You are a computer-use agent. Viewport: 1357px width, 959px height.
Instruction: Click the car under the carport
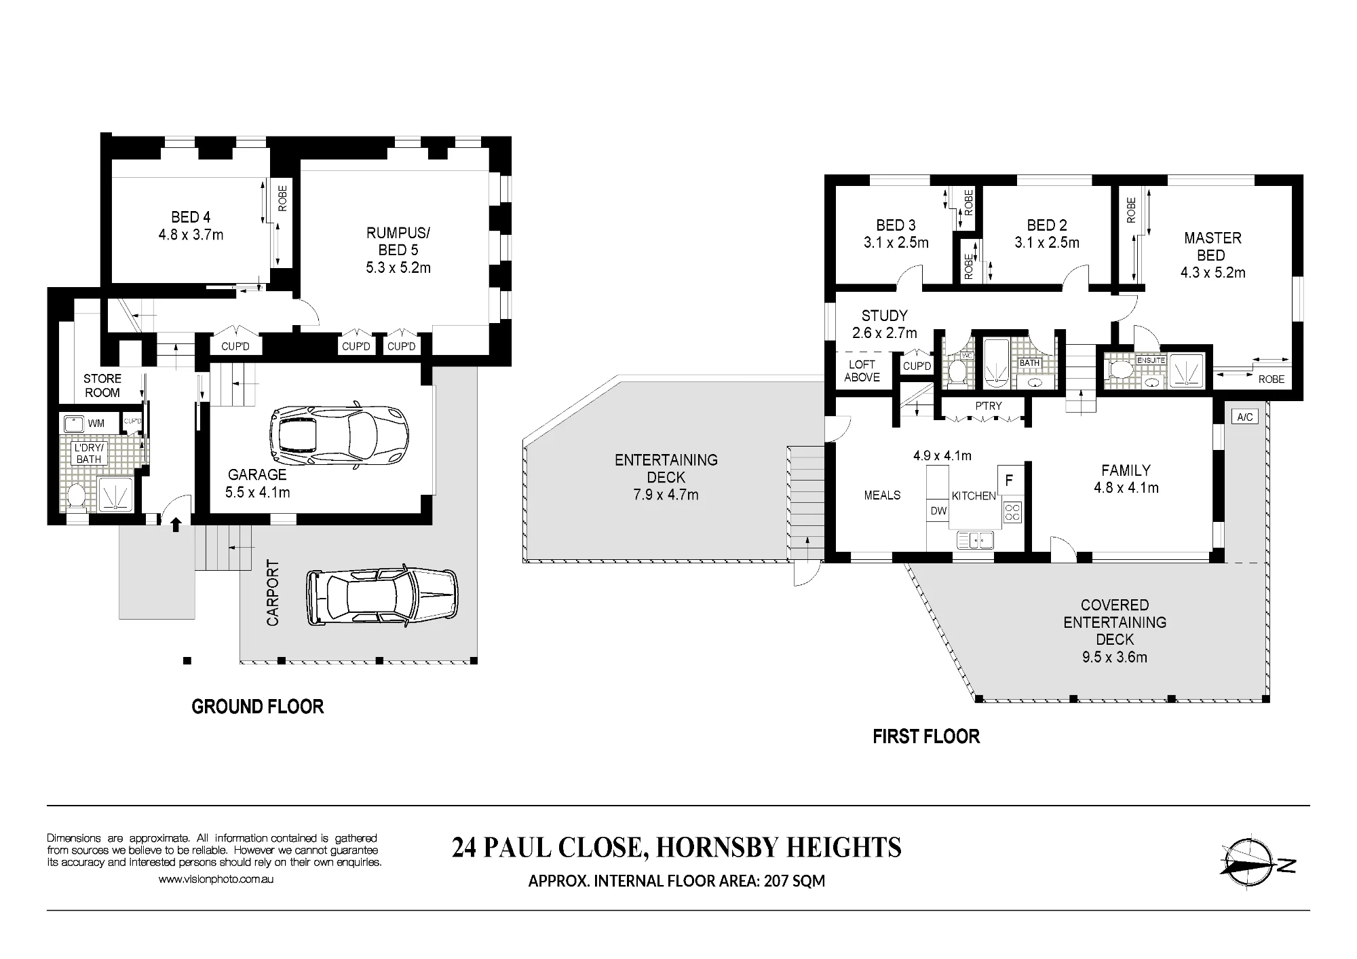(x=382, y=596)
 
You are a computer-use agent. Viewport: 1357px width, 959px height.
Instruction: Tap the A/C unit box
(x=1244, y=417)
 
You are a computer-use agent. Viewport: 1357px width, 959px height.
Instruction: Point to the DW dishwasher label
(x=938, y=510)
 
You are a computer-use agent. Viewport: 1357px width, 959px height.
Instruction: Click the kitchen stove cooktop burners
(x=1012, y=512)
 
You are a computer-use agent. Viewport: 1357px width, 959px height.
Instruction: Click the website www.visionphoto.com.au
(x=216, y=879)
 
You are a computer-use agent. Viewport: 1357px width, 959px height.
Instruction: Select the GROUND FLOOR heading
(x=258, y=707)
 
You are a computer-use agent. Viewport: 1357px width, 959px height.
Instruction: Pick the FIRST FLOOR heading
(x=926, y=737)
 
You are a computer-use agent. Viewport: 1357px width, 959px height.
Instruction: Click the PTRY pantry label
(x=989, y=406)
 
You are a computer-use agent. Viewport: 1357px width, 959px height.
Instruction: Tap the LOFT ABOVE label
(x=862, y=371)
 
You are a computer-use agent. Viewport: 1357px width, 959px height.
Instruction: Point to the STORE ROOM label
(x=102, y=386)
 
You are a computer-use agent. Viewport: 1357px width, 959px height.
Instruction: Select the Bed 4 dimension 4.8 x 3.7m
(x=191, y=235)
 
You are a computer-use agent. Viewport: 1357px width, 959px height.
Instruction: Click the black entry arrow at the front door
(x=176, y=524)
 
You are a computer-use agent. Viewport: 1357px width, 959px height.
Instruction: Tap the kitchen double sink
(x=975, y=540)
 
